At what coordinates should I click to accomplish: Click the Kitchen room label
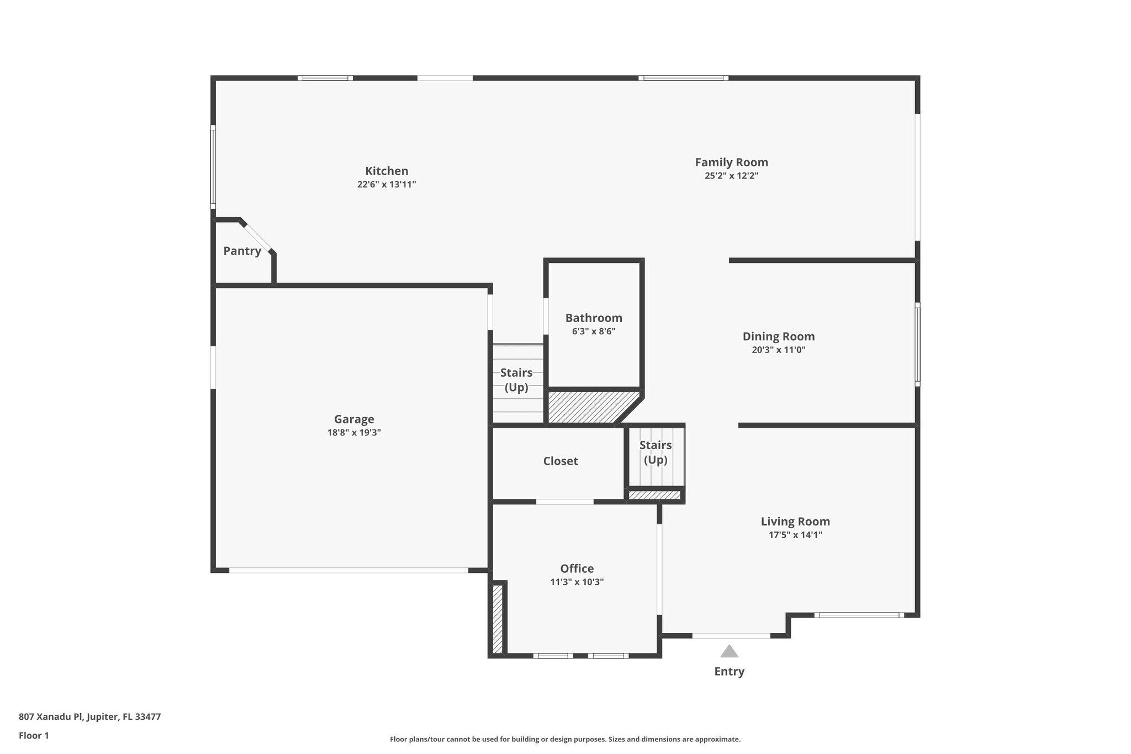tap(387, 171)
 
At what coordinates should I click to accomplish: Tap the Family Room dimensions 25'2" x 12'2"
tap(731, 176)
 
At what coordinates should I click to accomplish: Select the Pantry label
tap(242, 251)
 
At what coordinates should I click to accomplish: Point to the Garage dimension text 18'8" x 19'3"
tap(354, 433)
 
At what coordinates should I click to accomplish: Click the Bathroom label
tap(594, 318)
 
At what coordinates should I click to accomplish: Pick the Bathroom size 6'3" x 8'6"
tap(594, 331)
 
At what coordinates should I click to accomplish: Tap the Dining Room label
tap(778, 336)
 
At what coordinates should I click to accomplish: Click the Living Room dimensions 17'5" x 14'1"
tap(795, 535)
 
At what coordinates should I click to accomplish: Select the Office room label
tap(577, 568)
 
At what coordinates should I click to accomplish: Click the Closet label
tap(560, 461)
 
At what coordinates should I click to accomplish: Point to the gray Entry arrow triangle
tap(729, 652)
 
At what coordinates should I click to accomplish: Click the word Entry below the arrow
tap(729, 672)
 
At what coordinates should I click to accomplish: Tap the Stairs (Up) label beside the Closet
tap(656, 452)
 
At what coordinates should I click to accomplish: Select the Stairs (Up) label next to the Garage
tap(516, 380)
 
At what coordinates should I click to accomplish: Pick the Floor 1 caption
tap(34, 735)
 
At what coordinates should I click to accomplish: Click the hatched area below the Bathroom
tap(585, 408)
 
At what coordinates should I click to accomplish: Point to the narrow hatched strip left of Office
tap(497, 619)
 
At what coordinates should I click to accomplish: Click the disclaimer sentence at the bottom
tap(565, 739)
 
